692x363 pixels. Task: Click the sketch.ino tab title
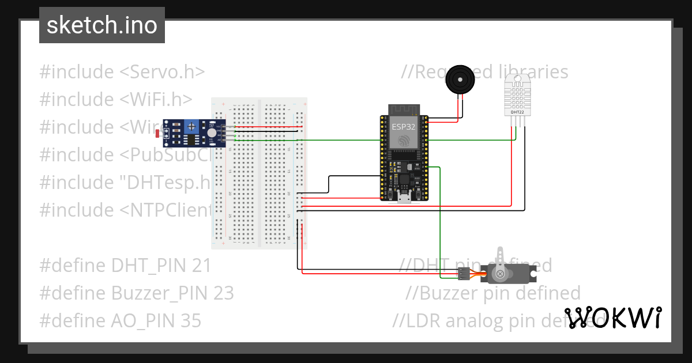[x=101, y=25]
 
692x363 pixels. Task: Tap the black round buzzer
[x=461, y=79]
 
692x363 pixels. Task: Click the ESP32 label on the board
[x=404, y=127]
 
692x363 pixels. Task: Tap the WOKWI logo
[x=612, y=317]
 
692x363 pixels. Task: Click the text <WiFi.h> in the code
[x=156, y=100]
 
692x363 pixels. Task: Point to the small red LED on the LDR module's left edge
[x=159, y=134]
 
